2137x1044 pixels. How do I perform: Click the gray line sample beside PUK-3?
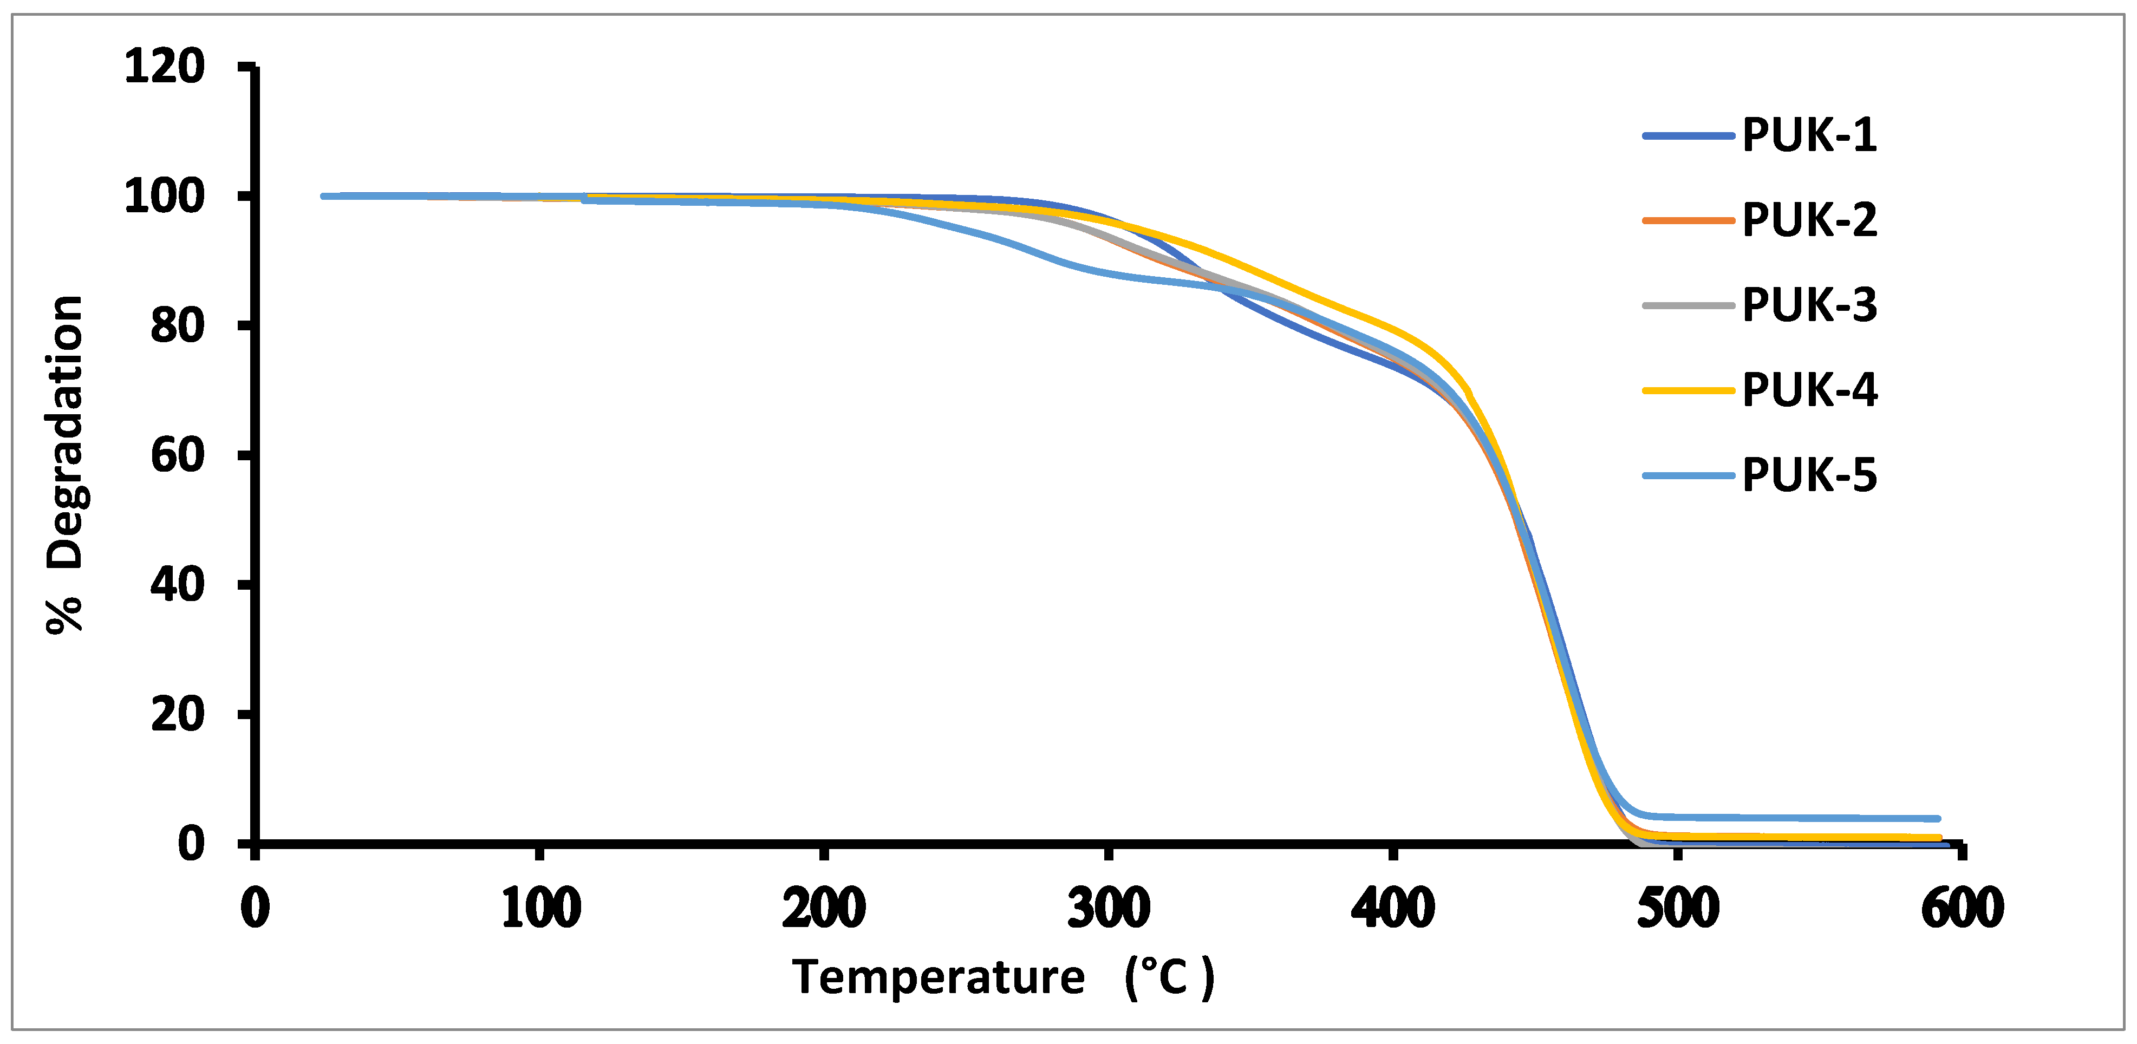point(1688,305)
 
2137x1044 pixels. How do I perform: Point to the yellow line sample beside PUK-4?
point(1688,390)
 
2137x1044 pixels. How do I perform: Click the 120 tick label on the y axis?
point(164,67)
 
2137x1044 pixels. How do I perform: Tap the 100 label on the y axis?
point(164,197)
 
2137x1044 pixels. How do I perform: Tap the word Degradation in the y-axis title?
point(64,431)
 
